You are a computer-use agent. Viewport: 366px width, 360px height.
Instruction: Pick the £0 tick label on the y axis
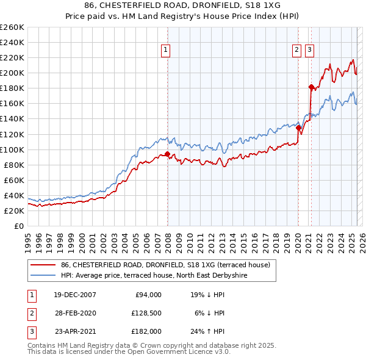[20, 226]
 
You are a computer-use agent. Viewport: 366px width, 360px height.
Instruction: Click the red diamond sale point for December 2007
[167, 154]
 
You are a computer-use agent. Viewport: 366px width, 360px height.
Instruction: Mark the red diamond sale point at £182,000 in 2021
[311, 87]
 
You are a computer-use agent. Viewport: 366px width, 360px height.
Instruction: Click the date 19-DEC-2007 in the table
[75, 295]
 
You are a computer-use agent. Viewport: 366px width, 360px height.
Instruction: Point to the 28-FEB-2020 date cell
[75, 313]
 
